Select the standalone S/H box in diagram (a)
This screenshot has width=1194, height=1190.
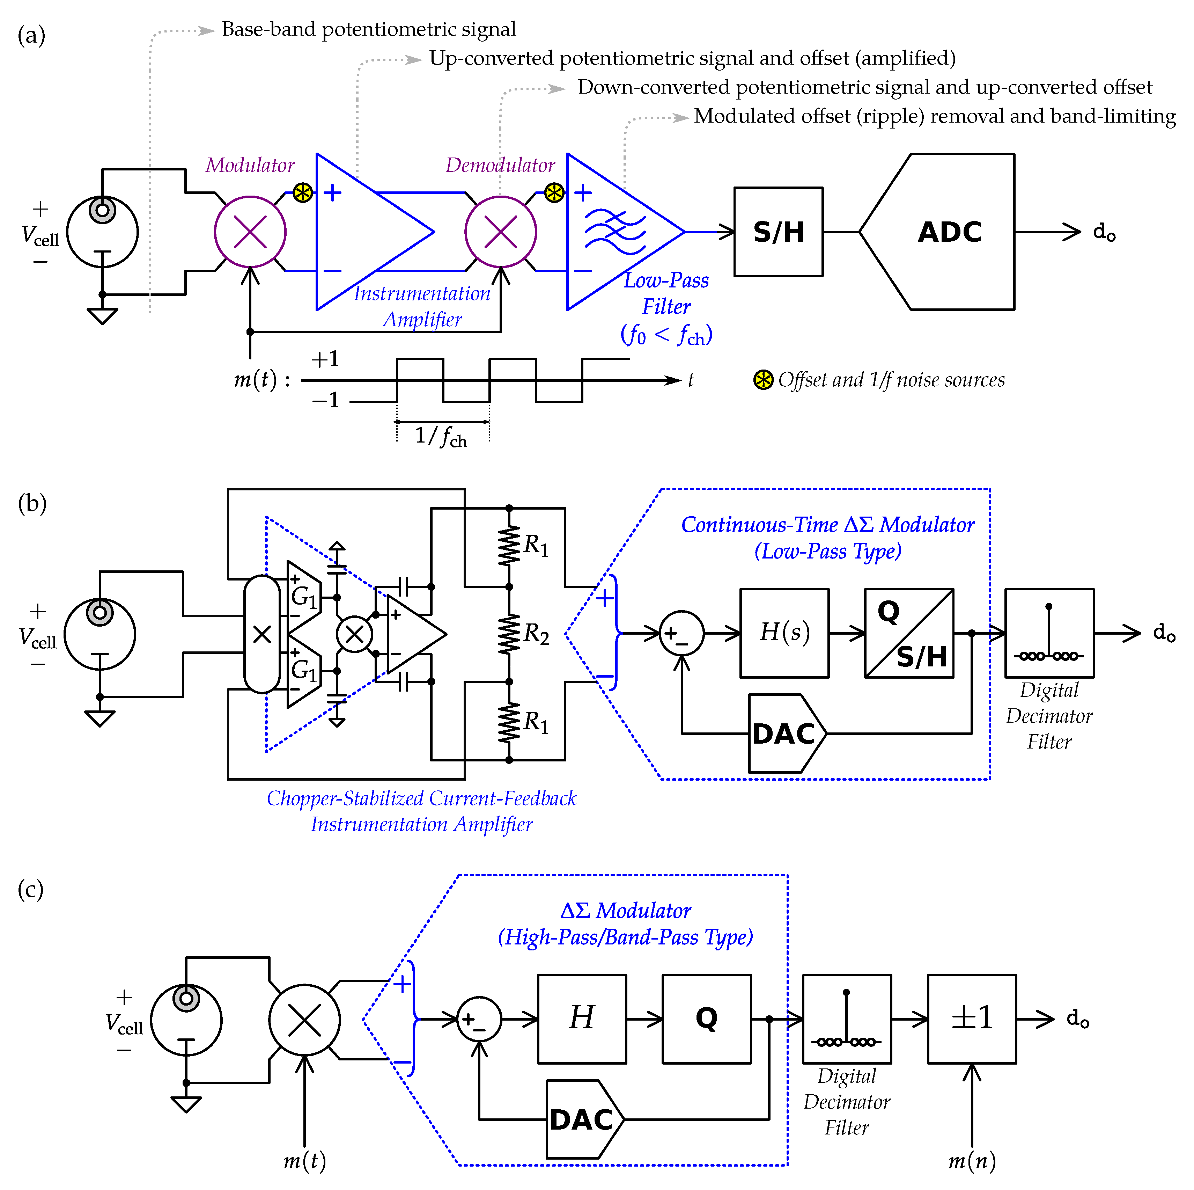coord(778,232)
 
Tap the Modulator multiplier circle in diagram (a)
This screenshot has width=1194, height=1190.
coord(250,232)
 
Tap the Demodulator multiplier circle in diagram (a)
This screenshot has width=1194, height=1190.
coord(501,232)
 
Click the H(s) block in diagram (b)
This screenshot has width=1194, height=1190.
coord(784,633)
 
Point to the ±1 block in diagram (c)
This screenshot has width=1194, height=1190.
coord(972,1019)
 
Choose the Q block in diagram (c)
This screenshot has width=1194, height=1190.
coord(706,1019)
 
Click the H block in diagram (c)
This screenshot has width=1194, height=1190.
coord(582,1019)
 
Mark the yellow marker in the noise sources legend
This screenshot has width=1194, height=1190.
coord(763,380)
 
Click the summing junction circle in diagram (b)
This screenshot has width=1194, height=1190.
coord(682,633)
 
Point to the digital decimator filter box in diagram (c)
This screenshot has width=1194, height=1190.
coord(847,1019)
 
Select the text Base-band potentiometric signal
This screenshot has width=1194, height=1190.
coord(369,29)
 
